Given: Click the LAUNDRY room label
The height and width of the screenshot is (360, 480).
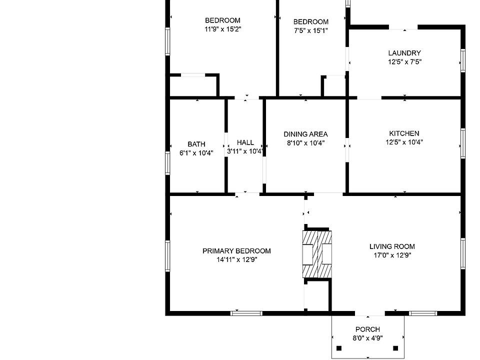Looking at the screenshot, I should (x=404, y=53).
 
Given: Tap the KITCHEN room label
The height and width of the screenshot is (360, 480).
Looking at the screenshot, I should (x=404, y=133).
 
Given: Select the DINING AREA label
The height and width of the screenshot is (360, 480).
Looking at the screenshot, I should (x=305, y=134).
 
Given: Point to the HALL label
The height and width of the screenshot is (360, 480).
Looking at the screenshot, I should (x=245, y=142).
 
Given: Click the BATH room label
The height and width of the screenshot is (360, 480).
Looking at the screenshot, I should (x=196, y=144).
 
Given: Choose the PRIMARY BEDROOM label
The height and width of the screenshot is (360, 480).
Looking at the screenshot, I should (x=236, y=251).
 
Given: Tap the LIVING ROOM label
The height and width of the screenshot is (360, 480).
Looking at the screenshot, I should (x=392, y=246).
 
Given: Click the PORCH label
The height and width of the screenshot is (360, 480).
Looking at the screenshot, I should (x=367, y=329).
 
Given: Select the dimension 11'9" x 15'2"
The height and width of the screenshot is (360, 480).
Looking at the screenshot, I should (x=222, y=29).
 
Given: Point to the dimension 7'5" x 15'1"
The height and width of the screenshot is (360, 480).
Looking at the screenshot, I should (x=310, y=30).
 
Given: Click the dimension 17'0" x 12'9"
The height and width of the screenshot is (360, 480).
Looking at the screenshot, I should (x=392, y=255).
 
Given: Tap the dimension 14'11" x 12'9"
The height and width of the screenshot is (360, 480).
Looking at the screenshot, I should (x=236, y=259).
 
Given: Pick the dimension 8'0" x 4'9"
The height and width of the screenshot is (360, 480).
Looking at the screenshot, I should (x=367, y=338).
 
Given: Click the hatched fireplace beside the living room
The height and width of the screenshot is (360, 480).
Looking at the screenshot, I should (x=317, y=254).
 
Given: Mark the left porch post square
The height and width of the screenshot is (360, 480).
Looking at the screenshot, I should (x=339, y=348).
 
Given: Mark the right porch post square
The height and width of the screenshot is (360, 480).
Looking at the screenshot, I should (x=395, y=348).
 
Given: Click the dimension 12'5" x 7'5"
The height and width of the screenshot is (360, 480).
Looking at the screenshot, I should (x=404, y=62).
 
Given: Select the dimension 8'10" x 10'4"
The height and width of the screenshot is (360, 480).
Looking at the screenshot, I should (x=305, y=142).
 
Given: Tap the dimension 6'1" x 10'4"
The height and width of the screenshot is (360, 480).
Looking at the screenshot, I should (x=196, y=153).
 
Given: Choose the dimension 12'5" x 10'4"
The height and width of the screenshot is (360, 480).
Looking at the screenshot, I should (x=404, y=142).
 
